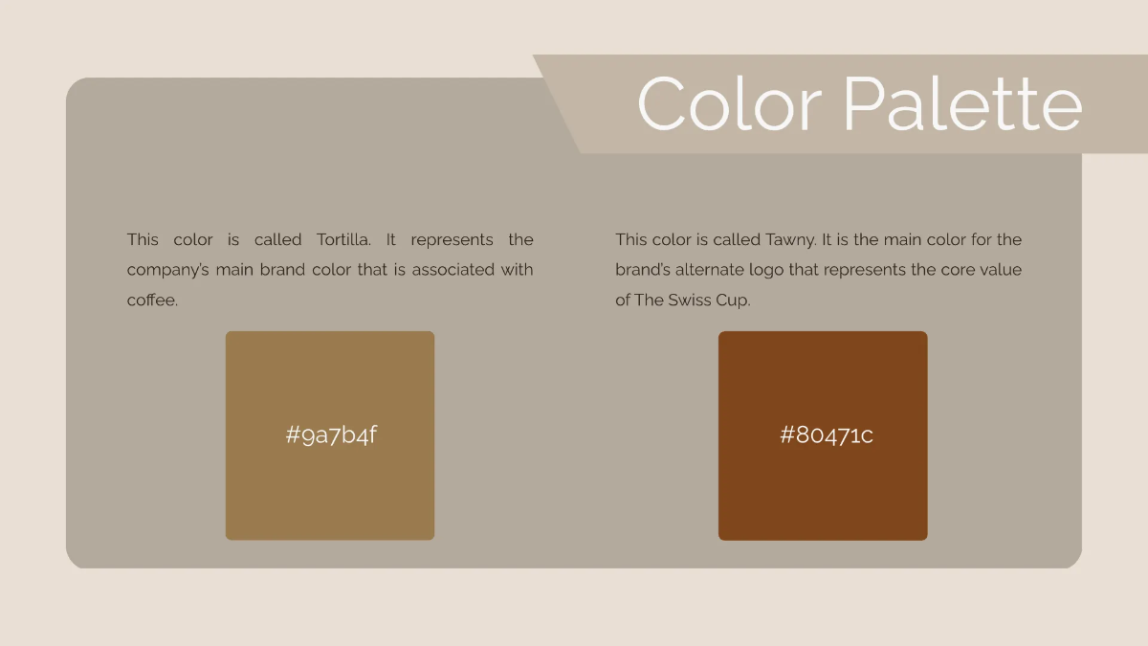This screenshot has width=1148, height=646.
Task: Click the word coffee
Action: click(152, 301)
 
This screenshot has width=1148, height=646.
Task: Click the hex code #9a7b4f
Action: click(331, 435)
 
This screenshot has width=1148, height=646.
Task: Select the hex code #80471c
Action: click(826, 435)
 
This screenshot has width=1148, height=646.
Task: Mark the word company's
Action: click(167, 270)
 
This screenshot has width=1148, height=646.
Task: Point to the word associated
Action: click(453, 270)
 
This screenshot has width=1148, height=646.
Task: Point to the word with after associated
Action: click(517, 270)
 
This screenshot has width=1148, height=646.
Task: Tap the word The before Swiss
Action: click(649, 301)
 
